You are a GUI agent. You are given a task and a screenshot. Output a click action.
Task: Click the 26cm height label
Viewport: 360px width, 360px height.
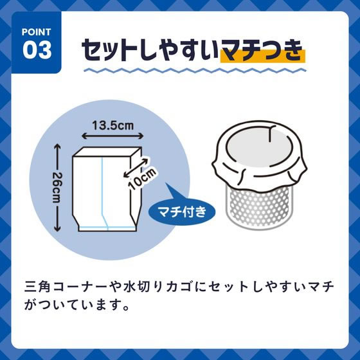[x=57, y=188]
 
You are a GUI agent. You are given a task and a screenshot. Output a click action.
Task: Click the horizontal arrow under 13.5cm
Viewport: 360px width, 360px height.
[x=111, y=136]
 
